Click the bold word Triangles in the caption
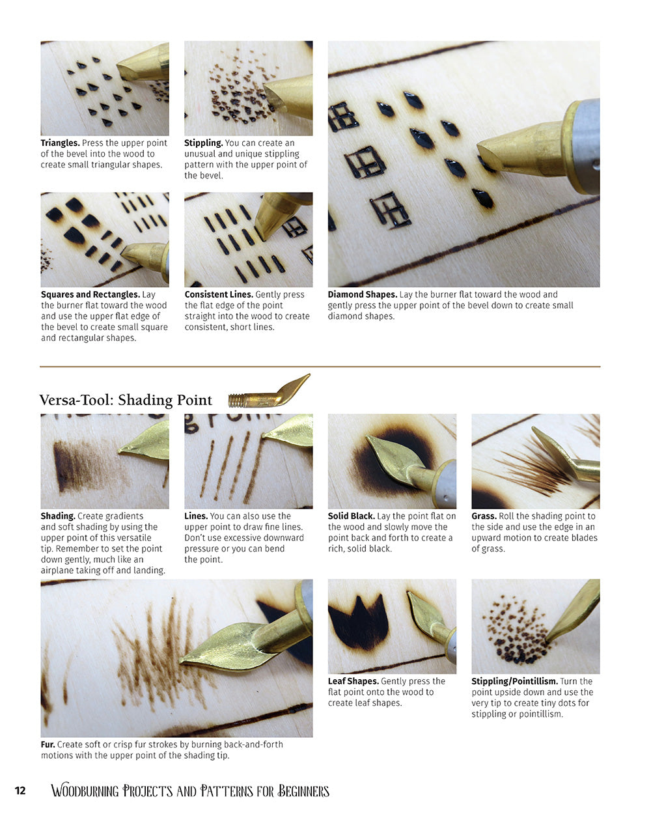[x=60, y=143]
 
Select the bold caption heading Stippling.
[x=203, y=143]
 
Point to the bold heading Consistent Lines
[x=219, y=295]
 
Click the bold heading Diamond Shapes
[x=362, y=295]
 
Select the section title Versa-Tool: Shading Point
[x=126, y=400]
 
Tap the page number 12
[x=20, y=791]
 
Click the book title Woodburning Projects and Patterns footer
[x=190, y=791]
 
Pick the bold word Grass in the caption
[x=484, y=516]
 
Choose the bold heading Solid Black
[x=352, y=516]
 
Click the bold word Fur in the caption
[x=48, y=744]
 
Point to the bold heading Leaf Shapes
[x=353, y=682]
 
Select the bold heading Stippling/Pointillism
[x=514, y=682]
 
